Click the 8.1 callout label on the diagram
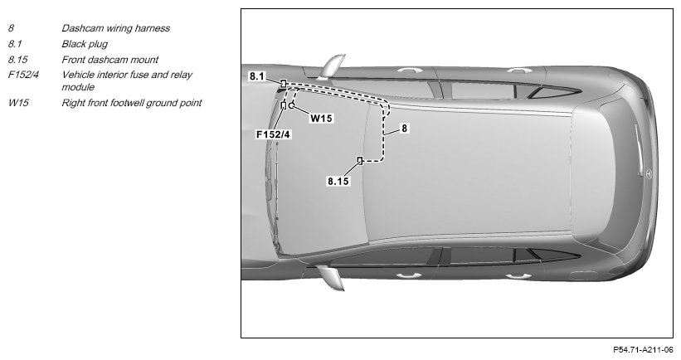pyautogui.click(x=256, y=76)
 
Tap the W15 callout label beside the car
pyautogui.click(x=321, y=118)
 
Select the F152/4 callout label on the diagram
pyautogui.click(x=273, y=134)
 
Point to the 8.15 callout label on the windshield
pyautogui.click(x=338, y=181)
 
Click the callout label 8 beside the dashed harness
pyautogui.click(x=404, y=128)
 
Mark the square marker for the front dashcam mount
pyautogui.click(x=360, y=161)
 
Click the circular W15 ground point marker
pyautogui.click(x=292, y=105)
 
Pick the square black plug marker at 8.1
pyautogui.click(x=283, y=83)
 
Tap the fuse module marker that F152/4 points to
pyautogui.click(x=284, y=105)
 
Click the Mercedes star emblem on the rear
pyautogui.click(x=649, y=173)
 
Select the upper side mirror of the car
pyautogui.click(x=332, y=66)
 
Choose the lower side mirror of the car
pyautogui.click(x=331, y=278)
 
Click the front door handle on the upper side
pyautogui.click(x=406, y=70)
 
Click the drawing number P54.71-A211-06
pyautogui.click(x=643, y=349)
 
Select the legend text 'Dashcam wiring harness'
pyautogui.click(x=115, y=28)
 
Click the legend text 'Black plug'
pyautogui.click(x=85, y=44)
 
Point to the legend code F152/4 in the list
pyautogui.click(x=23, y=75)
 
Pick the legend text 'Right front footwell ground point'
pyautogui.click(x=132, y=103)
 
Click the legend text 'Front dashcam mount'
pyautogui.click(x=109, y=60)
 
